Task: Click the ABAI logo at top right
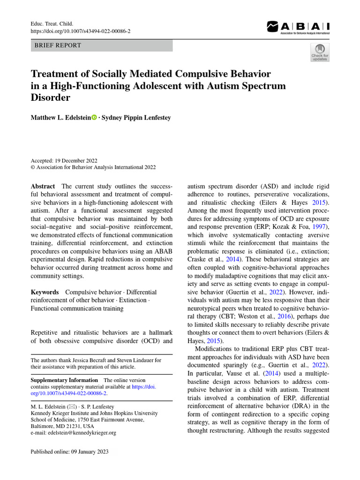click(x=298, y=28)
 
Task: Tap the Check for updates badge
click(x=320, y=52)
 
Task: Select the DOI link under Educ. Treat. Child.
click(x=81, y=30)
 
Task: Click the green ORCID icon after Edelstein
click(x=94, y=118)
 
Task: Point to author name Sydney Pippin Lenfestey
click(x=136, y=118)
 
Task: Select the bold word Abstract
click(x=43, y=186)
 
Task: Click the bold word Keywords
click(x=45, y=292)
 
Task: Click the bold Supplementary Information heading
click(x=64, y=380)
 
